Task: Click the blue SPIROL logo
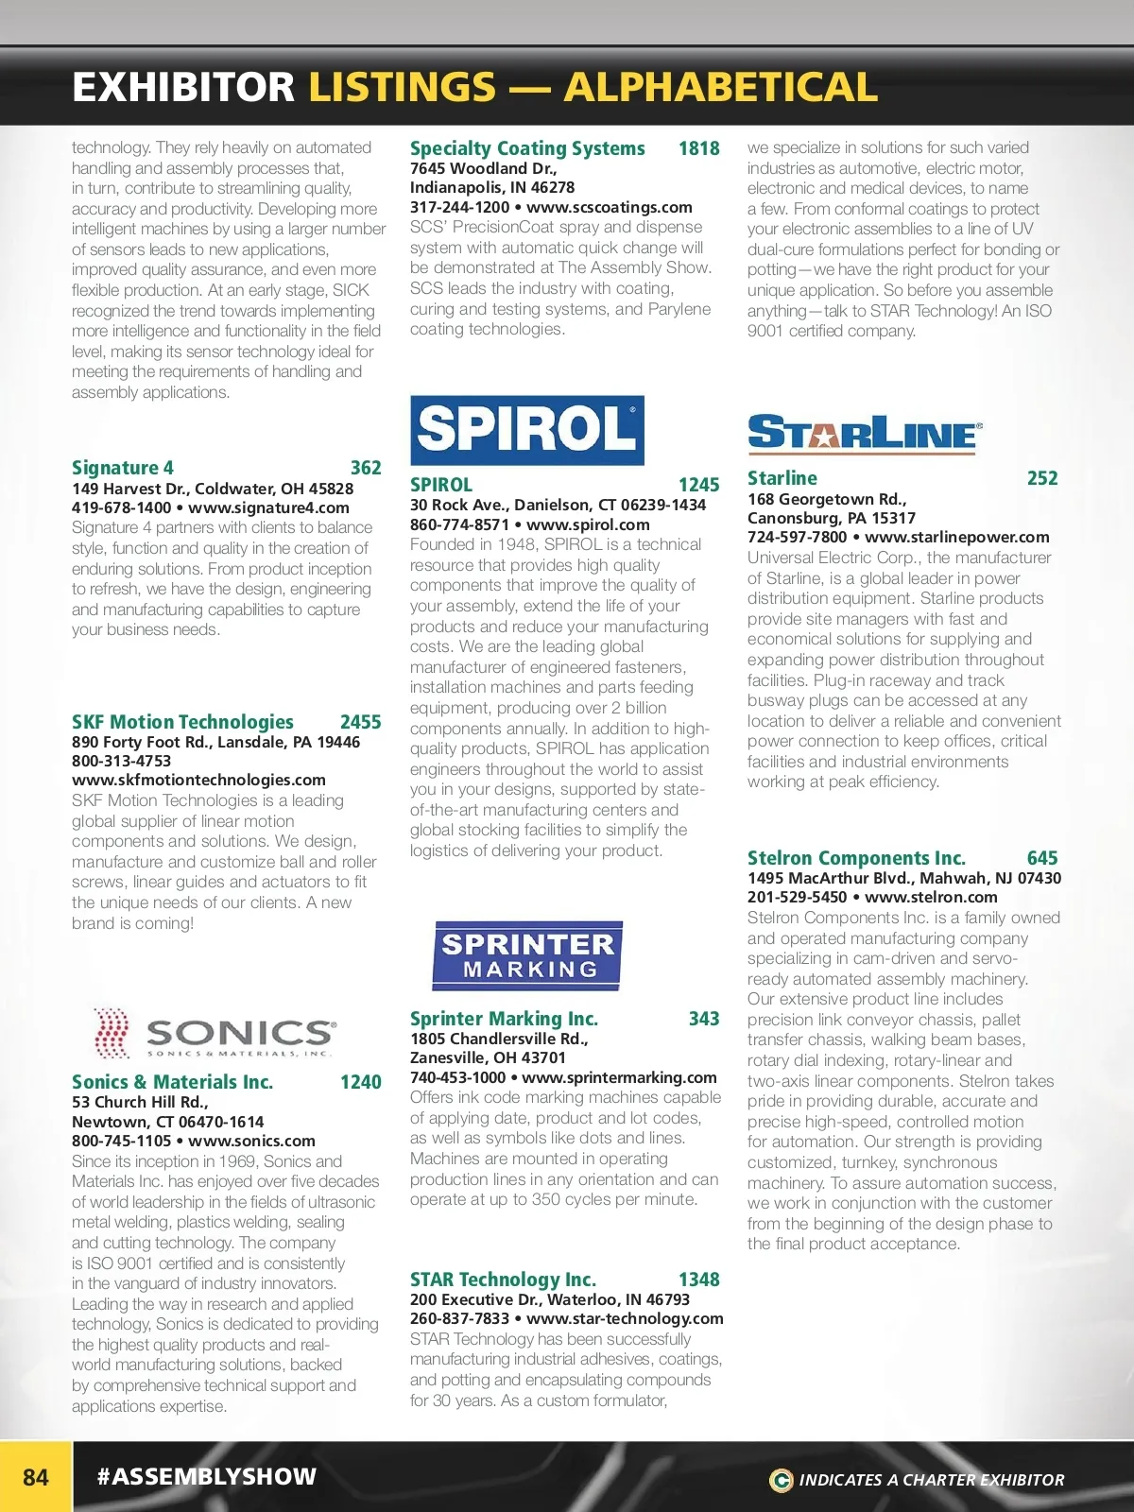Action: pyautogui.click(x=526, y=430)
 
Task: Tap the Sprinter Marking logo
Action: pyautogui.click(x=527, y=955)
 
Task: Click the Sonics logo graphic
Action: pyautogui.click(x=215, y=1033)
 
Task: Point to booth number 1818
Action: pyautogui.click(x=698, y=148)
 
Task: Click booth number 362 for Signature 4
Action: pyautogui.click(x=366, y=468)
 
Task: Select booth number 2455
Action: pyautogui.click(x=360, y=722)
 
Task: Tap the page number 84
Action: pyautogui.click(x=36, y=1477)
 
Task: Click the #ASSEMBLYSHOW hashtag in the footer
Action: pyautogui.click(x=207, y=1476)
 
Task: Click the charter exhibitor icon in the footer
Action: pyautogui.click(x=781, y=1480)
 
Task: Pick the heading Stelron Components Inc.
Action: pyautogui.click(x=856, y=858)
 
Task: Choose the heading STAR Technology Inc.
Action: pyautogui.click(x=503, y=1280)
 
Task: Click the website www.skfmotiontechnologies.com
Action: pyautogui.click(x=198, y=780)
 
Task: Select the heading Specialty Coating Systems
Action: pyautogui.click(x=527, y=148)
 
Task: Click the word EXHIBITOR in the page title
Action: pyautogui.click(x=183, y=88)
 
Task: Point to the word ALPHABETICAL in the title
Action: pyautogui.click(x=721, y=88)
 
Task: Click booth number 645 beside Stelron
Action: pyautogui.click(x=1042, y=858)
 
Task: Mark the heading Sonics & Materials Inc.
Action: pyautogui.click(x=172, y=1082)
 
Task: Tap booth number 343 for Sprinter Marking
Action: pyautogui.click(x=704, y=1019)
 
